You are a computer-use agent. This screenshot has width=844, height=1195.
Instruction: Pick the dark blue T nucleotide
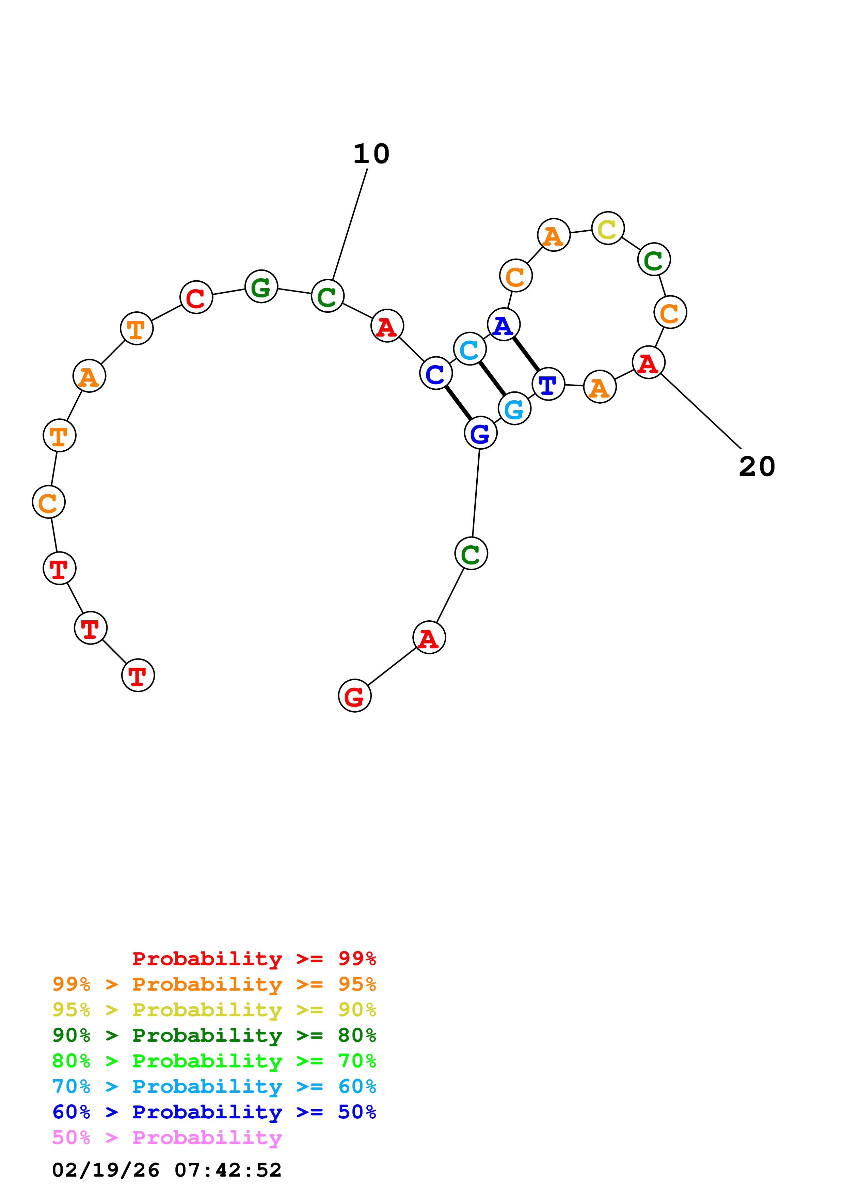pyautogui.click(x=548, y=384)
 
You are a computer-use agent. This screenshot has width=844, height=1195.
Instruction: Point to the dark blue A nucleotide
pyautogui.click(x=504, y=324)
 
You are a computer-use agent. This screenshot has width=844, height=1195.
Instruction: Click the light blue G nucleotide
pyautogui.click(x=514, y=408)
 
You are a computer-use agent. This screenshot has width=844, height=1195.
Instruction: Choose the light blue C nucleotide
pyautogui.click(x=469, y=349)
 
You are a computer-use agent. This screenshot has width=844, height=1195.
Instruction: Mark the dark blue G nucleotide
pyautogui.click(x=480, y=433)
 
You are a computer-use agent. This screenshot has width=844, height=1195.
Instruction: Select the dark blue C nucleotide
pyautogui.click(x=436, y=373)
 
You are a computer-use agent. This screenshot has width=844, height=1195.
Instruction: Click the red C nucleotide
pyautogui.click(x=196, y=297)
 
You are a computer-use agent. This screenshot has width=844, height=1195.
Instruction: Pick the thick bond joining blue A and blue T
pyautogui.click(x=526, y=354)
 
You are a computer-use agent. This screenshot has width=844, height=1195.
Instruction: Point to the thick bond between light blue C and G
pyautogui.click(x=492, y=378)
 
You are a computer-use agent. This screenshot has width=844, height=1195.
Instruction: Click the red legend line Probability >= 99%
pyautogui.click(x=254, y=959)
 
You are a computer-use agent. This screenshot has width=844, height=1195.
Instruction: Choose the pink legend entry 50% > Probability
pyautogui.click(x=167, y=1138)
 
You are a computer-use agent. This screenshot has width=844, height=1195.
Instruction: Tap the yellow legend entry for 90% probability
pyautogui.click(x=214, y=1010)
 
